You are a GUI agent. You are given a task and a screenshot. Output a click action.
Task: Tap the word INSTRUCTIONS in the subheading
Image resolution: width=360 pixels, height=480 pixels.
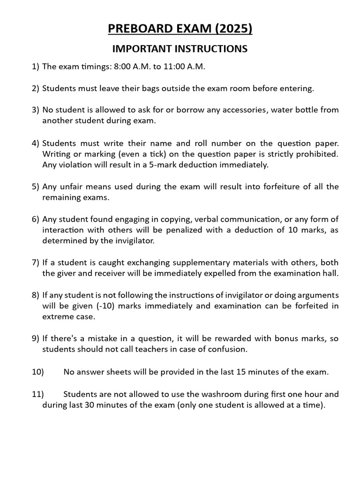pos(211,49)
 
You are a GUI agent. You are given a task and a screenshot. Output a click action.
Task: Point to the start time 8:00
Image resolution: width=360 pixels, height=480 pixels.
pos(123,67)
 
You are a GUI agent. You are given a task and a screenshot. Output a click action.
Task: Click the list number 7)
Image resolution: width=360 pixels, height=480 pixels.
pos(36,262)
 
